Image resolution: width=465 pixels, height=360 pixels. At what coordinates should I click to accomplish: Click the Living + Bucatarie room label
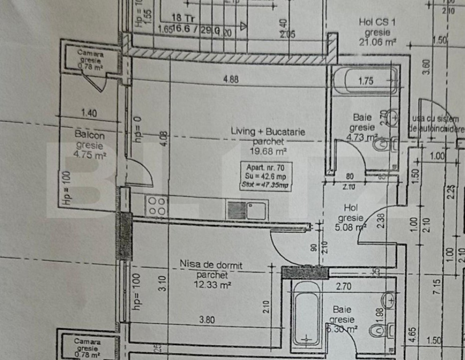coord(267,132)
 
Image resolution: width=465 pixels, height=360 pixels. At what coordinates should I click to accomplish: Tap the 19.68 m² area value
coord(267,151)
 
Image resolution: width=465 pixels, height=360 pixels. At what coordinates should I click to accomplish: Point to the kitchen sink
coord(247,210)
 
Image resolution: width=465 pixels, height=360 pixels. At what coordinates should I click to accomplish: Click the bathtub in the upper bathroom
coord(366,81)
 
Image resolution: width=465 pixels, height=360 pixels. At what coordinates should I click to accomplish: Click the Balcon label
coord(89,135)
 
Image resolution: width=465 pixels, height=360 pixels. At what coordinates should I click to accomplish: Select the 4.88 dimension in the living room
coord(231,80)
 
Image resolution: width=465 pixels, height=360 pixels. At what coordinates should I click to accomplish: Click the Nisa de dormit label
coord(211,265)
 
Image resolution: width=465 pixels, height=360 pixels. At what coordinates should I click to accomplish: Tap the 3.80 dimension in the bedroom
coord(207,320)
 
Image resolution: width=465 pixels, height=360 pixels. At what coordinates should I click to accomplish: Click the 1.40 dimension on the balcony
coord(89,112)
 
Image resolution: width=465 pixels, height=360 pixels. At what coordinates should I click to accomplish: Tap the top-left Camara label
coord(91,53)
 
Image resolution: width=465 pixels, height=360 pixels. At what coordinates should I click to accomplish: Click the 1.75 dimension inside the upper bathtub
coord(366,81)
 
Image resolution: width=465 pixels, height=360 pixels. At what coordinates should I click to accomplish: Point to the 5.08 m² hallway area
coord(351,228)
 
